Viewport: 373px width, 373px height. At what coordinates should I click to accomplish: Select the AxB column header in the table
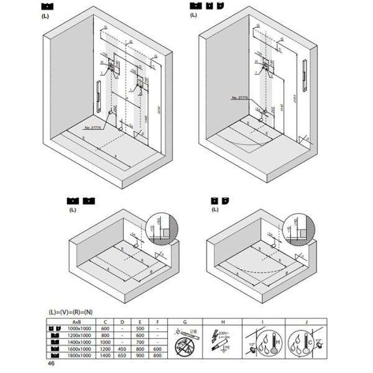pos(76,321)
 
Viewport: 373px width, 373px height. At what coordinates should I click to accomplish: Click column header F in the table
pos(159,321)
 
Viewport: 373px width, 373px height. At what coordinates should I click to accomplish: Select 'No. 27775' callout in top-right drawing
pos(238,98)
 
